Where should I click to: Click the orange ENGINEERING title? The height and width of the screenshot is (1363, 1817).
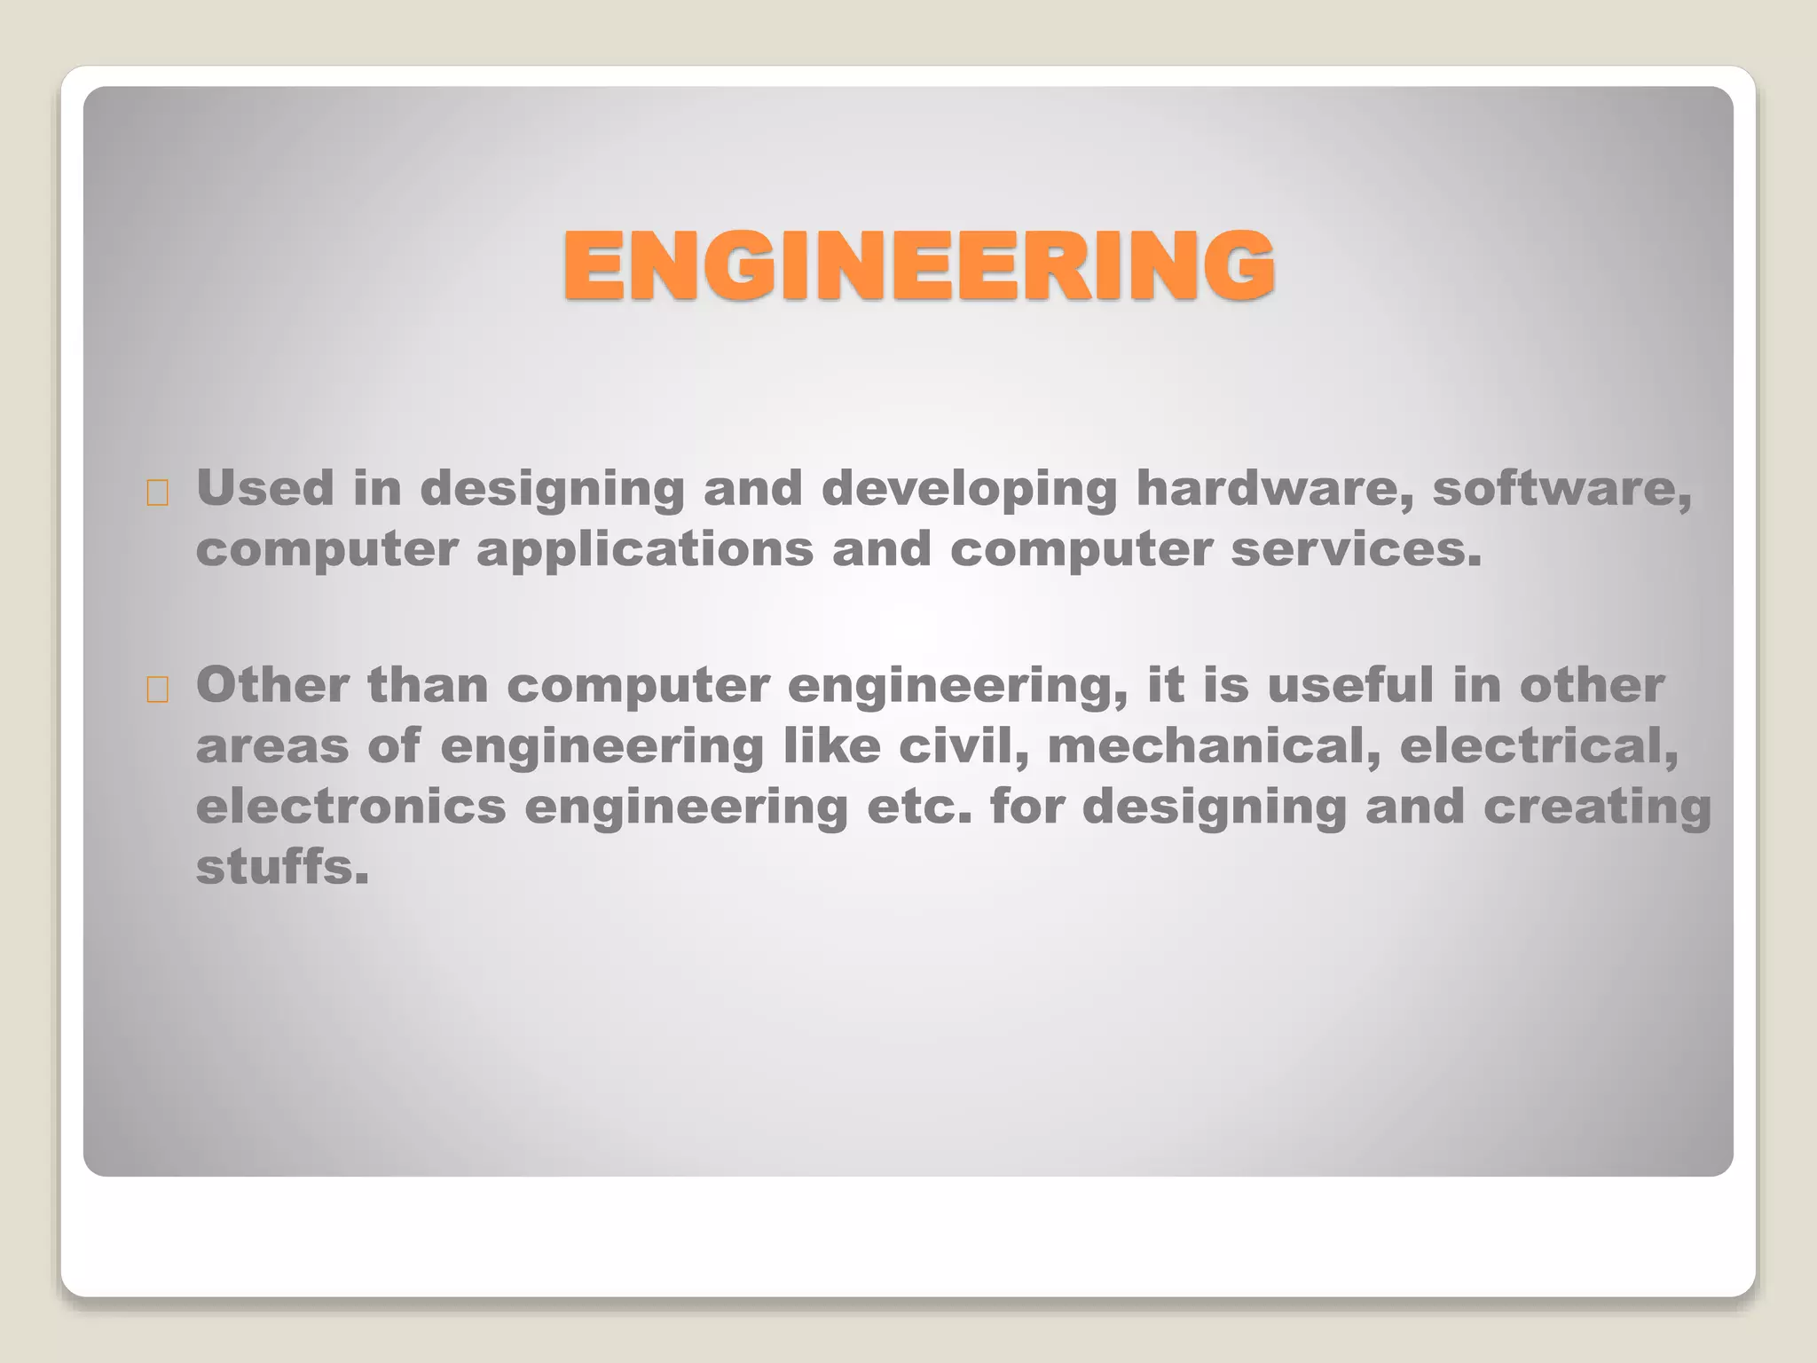(919, 265)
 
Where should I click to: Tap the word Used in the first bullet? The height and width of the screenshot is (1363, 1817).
(264, 488)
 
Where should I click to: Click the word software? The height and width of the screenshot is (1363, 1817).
(1561, 489)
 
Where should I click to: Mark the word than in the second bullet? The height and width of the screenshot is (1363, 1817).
(428, 685)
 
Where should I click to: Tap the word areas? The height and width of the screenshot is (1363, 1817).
(271, 746)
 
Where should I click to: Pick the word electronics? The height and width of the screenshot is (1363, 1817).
(350, 806)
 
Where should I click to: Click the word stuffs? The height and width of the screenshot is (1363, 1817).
(281, 866)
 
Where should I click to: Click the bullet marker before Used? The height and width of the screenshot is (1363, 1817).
(158, 493)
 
